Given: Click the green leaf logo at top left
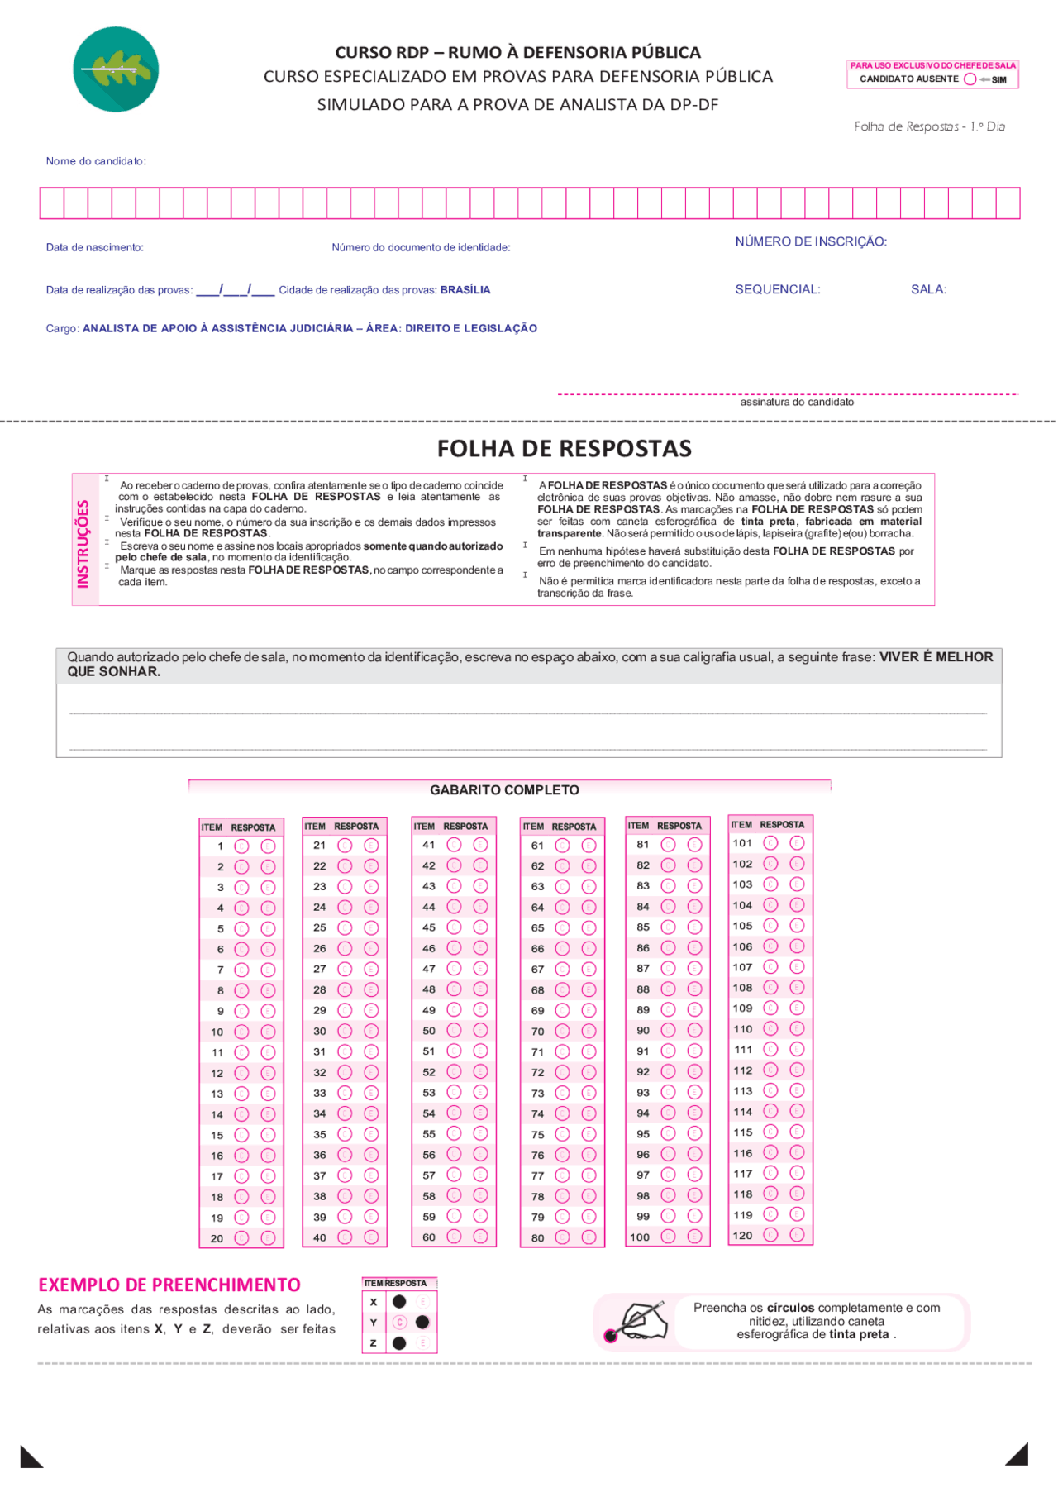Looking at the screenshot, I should click(x=116, y=69).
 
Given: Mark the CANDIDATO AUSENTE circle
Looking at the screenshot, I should click(x=970, y=79).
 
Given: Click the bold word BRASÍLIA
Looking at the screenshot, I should click(x=465, y=290).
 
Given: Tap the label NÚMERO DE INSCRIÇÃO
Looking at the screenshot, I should click(x=810, y=242).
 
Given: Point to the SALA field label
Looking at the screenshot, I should click(x=928, y=290).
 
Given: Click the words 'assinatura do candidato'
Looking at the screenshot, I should click(x=796, y=403).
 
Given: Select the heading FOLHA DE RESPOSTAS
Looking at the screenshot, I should click(x=564, y=449).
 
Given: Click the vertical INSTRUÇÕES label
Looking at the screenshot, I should click(x=83, y=543).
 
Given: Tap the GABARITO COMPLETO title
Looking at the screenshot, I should click(x=504, y=790).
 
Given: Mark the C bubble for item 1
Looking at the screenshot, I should click(x=241, y=846).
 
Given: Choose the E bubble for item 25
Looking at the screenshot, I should click(x=371, y=927).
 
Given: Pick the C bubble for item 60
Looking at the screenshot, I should click(x=454, y=1237).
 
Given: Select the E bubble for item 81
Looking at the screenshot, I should click(x=694, y=845).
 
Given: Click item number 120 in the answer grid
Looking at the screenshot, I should click(x=742, y=1236).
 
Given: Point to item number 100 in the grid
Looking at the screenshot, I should click(x=640, y=1237).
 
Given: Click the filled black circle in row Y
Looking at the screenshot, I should click(x=422, y=1323).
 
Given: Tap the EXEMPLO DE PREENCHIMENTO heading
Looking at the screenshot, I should click(x=169, y=1285).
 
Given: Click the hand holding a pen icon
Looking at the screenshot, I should click(x=641, y=1321).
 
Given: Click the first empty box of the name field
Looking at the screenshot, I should click(x=52, y=203).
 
